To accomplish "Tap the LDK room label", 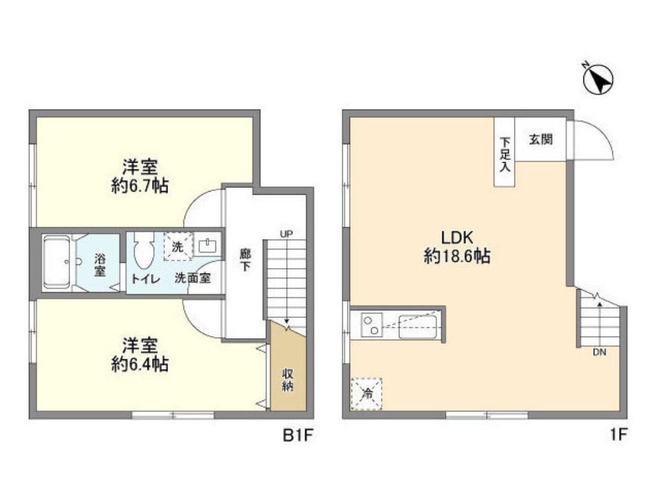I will [x=457, y=237].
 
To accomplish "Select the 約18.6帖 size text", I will [x=457, y=256].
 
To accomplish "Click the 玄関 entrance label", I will [x=540, y=139].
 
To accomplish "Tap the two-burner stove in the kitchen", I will [x=371, y=326].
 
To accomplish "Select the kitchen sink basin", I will [x=418, y=327].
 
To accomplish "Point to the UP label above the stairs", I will [x=286, y=234].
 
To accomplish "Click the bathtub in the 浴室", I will [x=58, y=261].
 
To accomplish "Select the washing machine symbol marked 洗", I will [x=178, y=247].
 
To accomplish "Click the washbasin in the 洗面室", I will [x=208, y=246].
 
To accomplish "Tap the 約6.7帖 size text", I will [x=140, y=185].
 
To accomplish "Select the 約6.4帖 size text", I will [x=140, y=364].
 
